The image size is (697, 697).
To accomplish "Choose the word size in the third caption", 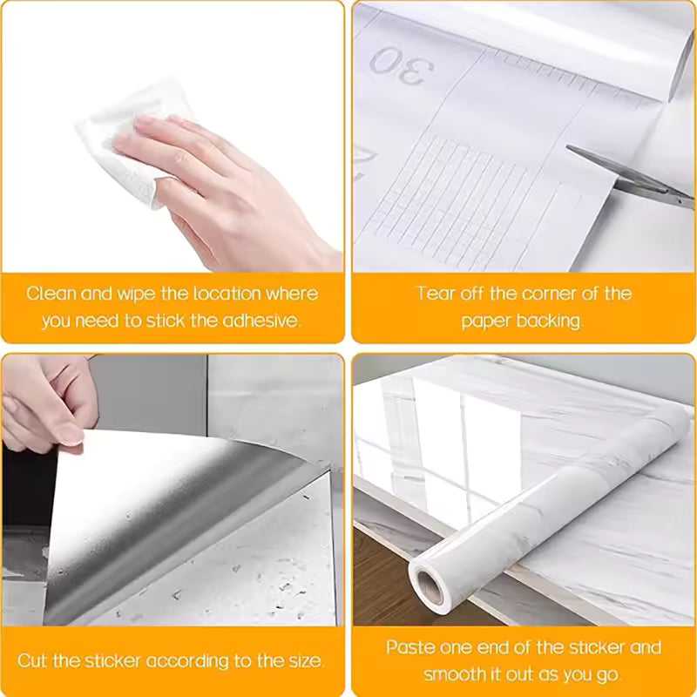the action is [x=306, y=661].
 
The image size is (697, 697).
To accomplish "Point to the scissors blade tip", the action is [x=568, y=147].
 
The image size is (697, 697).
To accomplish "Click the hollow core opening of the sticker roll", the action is [x=430, y=587].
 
